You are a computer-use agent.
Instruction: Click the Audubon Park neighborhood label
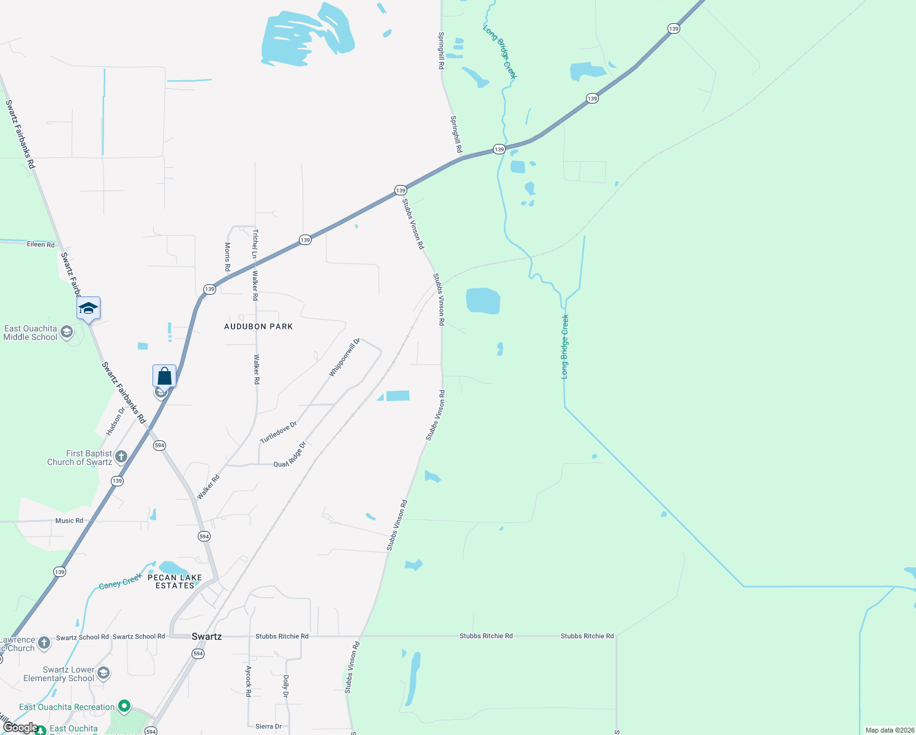(258, 326)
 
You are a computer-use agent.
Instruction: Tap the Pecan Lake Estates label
(175, 581)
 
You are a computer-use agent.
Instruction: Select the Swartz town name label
(206, 636)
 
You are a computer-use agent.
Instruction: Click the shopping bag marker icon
(164, 375)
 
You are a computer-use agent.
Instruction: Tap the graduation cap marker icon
(88, 308)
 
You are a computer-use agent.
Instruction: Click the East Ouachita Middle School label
(31, 333)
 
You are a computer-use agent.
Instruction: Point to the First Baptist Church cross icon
(121, 456)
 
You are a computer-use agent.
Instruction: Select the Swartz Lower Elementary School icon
(103, 673)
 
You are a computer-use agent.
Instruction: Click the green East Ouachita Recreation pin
(124, 707)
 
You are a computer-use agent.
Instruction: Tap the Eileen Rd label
(40, 244)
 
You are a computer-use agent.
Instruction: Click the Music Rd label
(69, 521)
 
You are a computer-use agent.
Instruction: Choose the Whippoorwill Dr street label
(344, 358)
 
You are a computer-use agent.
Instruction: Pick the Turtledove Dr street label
(278, 432)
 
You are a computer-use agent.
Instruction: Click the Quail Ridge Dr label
(290, 454)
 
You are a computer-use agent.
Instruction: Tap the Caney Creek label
(120, 581)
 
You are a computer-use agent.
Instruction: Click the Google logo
(20, 728)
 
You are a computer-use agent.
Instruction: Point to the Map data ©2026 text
(889, 730)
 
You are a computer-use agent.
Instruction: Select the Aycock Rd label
(249, 681)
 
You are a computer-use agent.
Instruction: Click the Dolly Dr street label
(285, 687)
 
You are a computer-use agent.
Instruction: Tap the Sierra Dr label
(268, 726)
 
